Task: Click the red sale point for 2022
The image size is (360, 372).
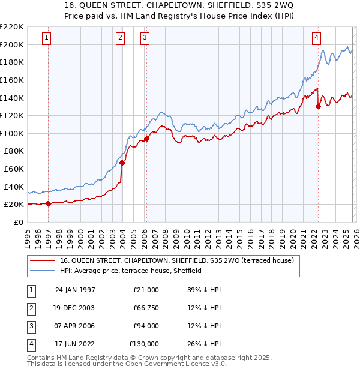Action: pos(318,107)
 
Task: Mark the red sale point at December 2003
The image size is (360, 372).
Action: pos(122,163)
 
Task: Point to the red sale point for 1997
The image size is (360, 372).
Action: pos(49,203)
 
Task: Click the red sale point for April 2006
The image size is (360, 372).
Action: pos(146,139)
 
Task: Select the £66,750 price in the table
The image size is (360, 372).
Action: pos(146,308)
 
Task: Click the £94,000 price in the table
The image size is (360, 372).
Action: pos(146,326)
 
